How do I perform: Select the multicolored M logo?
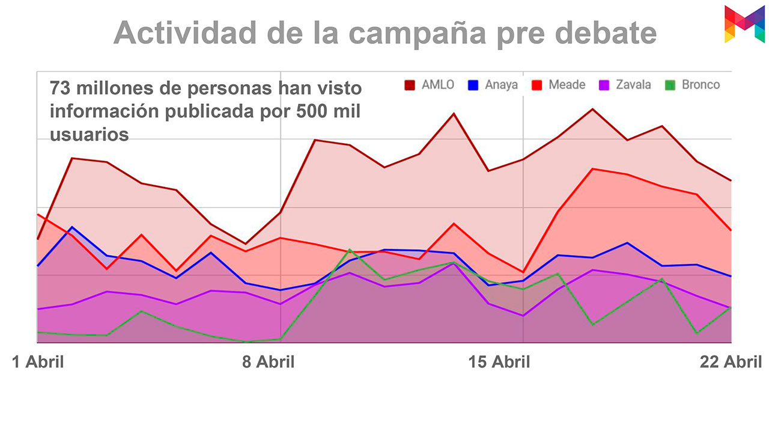pyautogui.click(x=744, y=24)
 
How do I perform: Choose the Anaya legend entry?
pyautogui.click(x=493, y=85)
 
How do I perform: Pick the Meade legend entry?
pyautogui.click(x=558, y=85)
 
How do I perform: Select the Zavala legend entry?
pyautogui.click(x=624, y=85)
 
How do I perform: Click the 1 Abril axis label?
pyautogui.click(x=38, y=362)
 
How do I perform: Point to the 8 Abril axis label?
pyautogui.click(x=268, y=362)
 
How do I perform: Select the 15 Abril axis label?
pyautogui.click(x=499, y=362)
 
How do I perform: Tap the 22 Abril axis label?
pyautogui.click(x=731, y=362)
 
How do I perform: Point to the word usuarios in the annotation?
pyautogui.click(x=90, y=134)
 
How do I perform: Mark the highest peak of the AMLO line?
pyautogui.click(x=592, y=109)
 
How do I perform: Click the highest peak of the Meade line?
pyautogui.click(x=592, y=168)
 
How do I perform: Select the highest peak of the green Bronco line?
pyautogui.click(x=350, y=249)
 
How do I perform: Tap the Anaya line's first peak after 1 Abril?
pyautogui.click(x=72, y=227)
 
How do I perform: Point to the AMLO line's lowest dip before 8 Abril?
pyautogui.click(x=246, y=244)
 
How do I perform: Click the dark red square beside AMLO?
pyautogui.click(x=410, y=85)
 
